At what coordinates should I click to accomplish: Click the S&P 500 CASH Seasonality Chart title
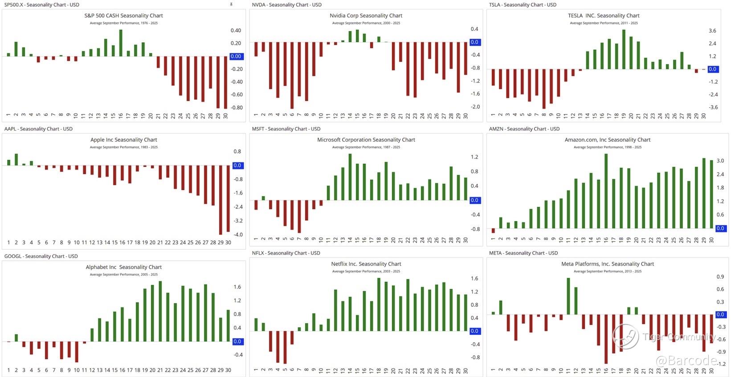click(x=123, y=16)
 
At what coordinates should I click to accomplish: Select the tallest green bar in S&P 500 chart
click(x=121, y=43)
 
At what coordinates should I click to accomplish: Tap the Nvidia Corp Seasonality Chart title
click(x=366, y=16)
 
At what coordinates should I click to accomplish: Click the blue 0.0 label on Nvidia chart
click(x=474, y=42)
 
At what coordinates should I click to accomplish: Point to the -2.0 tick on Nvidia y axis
click(x=475, y=107)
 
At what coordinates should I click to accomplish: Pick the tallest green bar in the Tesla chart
click(x=624, y=49)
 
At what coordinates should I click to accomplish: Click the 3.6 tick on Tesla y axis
click(x=712, y=31)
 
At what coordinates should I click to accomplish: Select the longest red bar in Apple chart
click(x=221, y=200)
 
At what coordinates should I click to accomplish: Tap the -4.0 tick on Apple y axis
click(x=238, y=235)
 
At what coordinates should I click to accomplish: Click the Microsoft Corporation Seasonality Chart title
click(x=366, y=140)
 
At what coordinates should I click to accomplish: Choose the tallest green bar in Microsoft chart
click(x=350, y=177)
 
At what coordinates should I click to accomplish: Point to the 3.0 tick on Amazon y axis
click(x=720, y=161)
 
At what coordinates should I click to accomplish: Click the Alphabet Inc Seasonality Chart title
click(x=123, y=267)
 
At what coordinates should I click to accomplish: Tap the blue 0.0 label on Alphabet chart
click(x=237, y=341)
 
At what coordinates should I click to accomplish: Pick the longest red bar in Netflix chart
click(x=285, y=347)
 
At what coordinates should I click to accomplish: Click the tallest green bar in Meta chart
click(x=568, y=296)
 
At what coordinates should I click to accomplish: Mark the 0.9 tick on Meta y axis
click(x=720, y=277)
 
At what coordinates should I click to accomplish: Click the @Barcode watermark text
click(x=686, y=360)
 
